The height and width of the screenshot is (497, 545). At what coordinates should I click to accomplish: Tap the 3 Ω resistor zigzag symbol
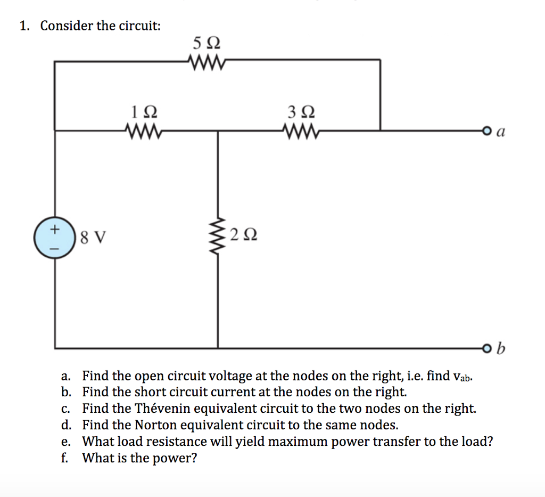tap(301, 129)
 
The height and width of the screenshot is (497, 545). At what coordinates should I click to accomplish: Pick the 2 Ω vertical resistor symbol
tap(218, 234)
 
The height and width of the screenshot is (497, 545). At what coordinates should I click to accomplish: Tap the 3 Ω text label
tap(301, 112)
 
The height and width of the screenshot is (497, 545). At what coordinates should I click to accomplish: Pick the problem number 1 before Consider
tap(24, 26)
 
